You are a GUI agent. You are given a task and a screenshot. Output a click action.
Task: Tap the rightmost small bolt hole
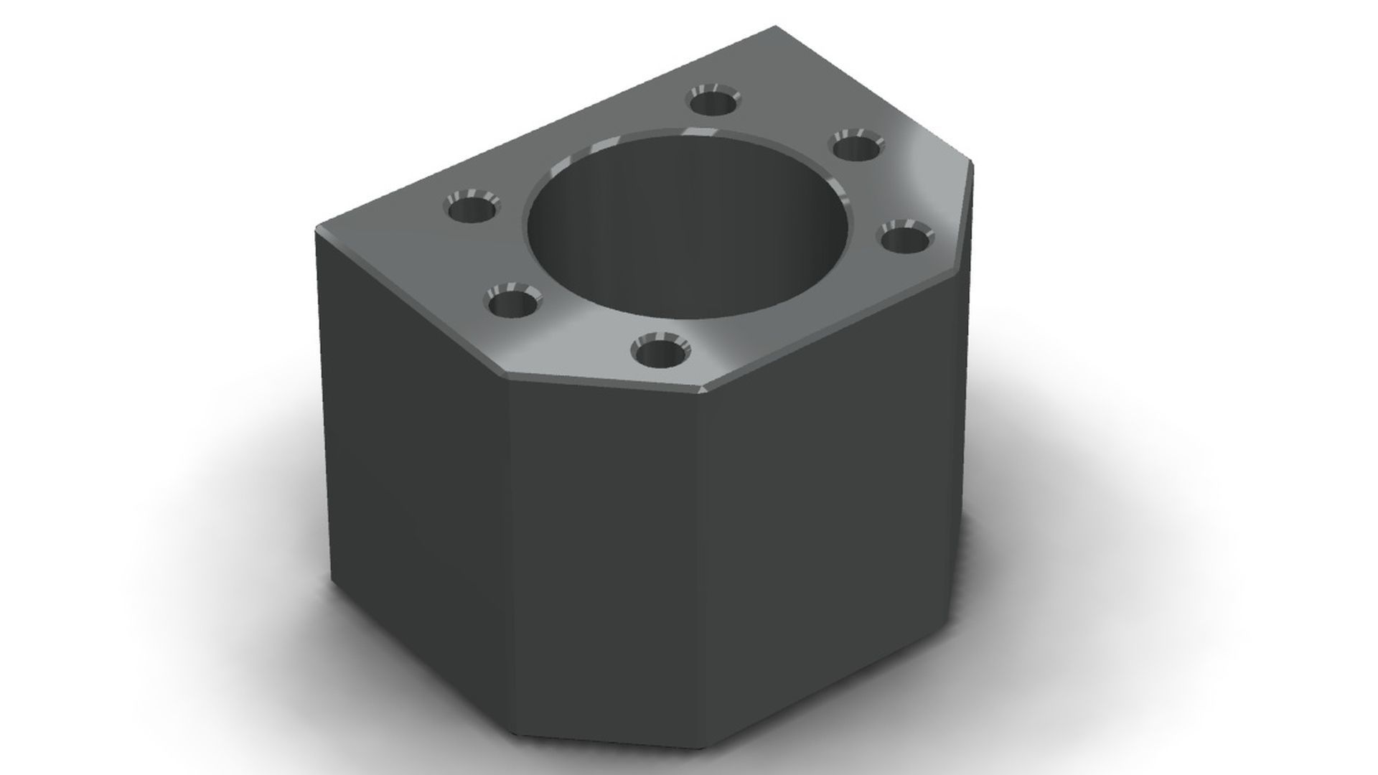[x=905, y=239]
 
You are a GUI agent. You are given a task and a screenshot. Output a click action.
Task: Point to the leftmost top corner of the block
[x=317, y=230]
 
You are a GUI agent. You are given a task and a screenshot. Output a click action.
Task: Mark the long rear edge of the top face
[x=545, y=129]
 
